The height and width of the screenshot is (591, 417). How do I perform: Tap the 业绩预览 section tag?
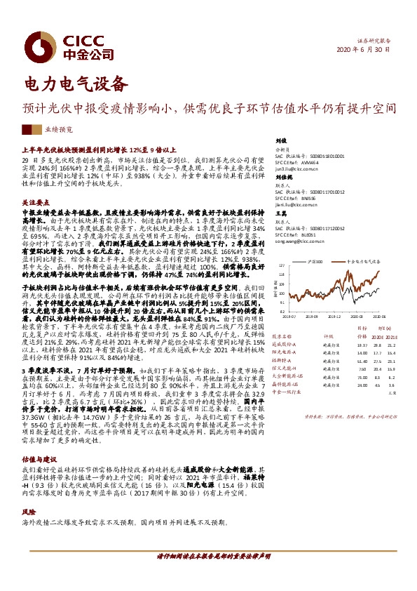pos(59,130)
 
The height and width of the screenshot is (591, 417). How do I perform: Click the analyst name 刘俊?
pos(282,141)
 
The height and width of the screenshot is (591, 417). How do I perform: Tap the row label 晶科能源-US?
pos(285,385)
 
